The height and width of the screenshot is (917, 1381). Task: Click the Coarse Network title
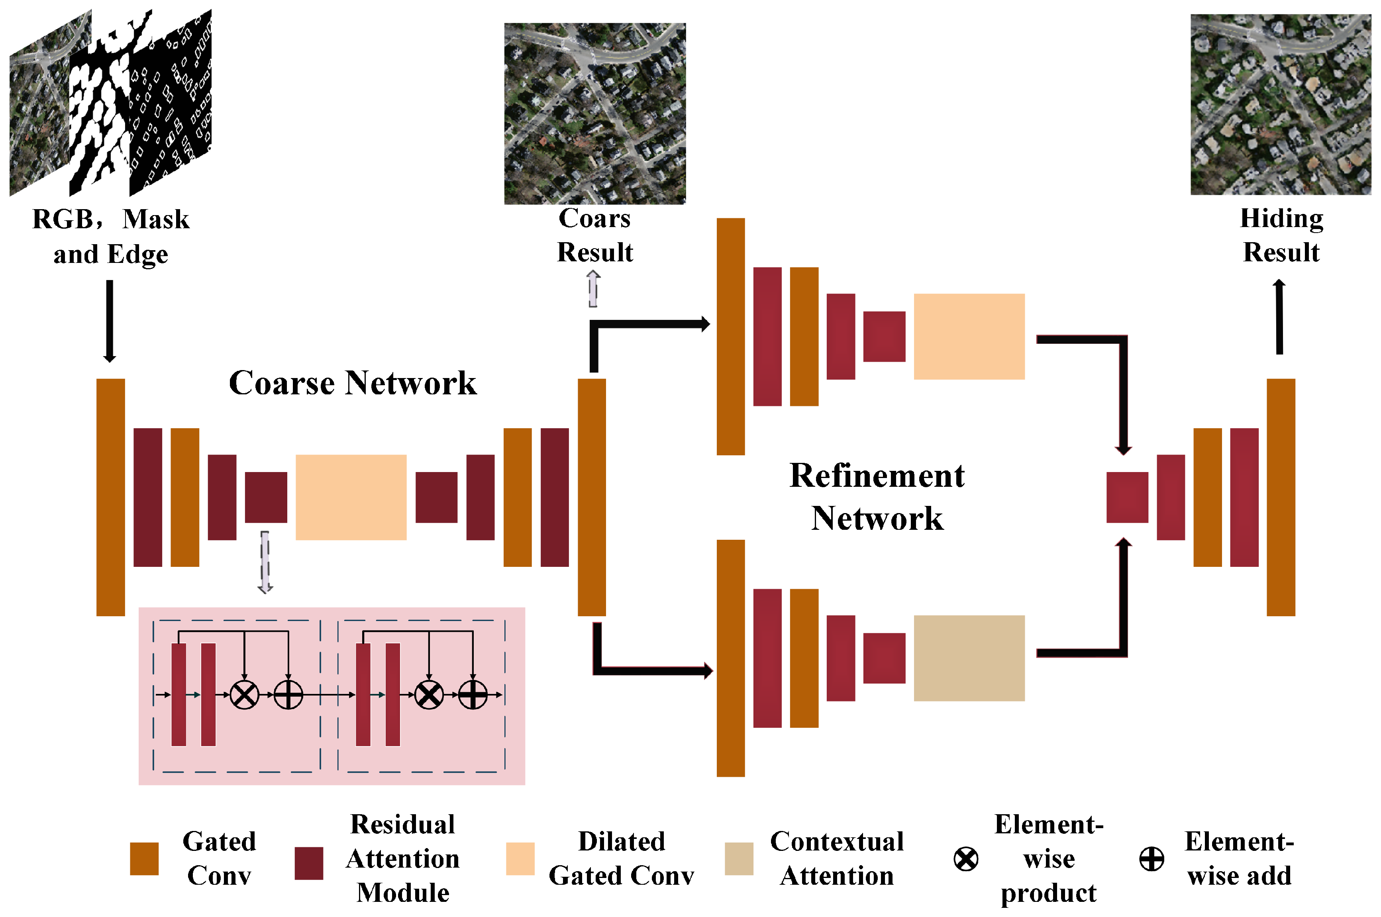pyautogui.click(x=352, y=383)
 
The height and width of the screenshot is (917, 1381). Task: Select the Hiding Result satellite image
pyautogui.click(x=1281, y=105)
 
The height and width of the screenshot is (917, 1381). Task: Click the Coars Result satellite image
pyautogui.click(x=594, y=114)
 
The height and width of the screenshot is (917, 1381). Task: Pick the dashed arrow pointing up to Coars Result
pyautogui.click(x=593, y=288)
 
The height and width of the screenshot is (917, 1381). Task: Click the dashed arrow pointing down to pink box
pyautogui.click(x=265, y=561)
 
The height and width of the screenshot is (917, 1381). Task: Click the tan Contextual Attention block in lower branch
pyautogui.click(x=969, y=658)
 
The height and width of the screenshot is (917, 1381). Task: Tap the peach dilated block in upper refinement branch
pyautogui.click(x=969, y=336)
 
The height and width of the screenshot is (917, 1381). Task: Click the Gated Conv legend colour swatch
pyautogui.click(x=144, y=858)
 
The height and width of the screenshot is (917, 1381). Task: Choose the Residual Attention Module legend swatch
pyautogui.click(x=309, y=862)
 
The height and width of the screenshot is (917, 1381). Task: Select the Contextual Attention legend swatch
pyautogui.click(x=738, y=858)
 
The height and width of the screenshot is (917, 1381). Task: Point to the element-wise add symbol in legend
pyautogui.click(x=1151, y=858)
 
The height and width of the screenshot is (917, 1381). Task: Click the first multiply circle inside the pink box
pyautogui.click(x=245, y=694)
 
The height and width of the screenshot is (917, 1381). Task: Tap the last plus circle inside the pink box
pyautogui.click(x=473, y=694)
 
